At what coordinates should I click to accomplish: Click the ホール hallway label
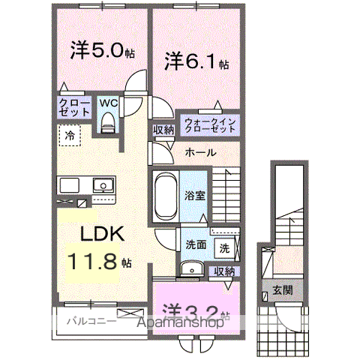200,153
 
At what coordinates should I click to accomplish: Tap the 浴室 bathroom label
195,195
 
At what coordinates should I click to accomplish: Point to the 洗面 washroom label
196,244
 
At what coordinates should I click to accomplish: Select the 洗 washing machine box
224,247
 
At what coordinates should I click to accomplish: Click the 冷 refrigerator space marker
70,136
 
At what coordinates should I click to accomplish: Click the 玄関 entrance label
283,291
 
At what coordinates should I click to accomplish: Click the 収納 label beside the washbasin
223,271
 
